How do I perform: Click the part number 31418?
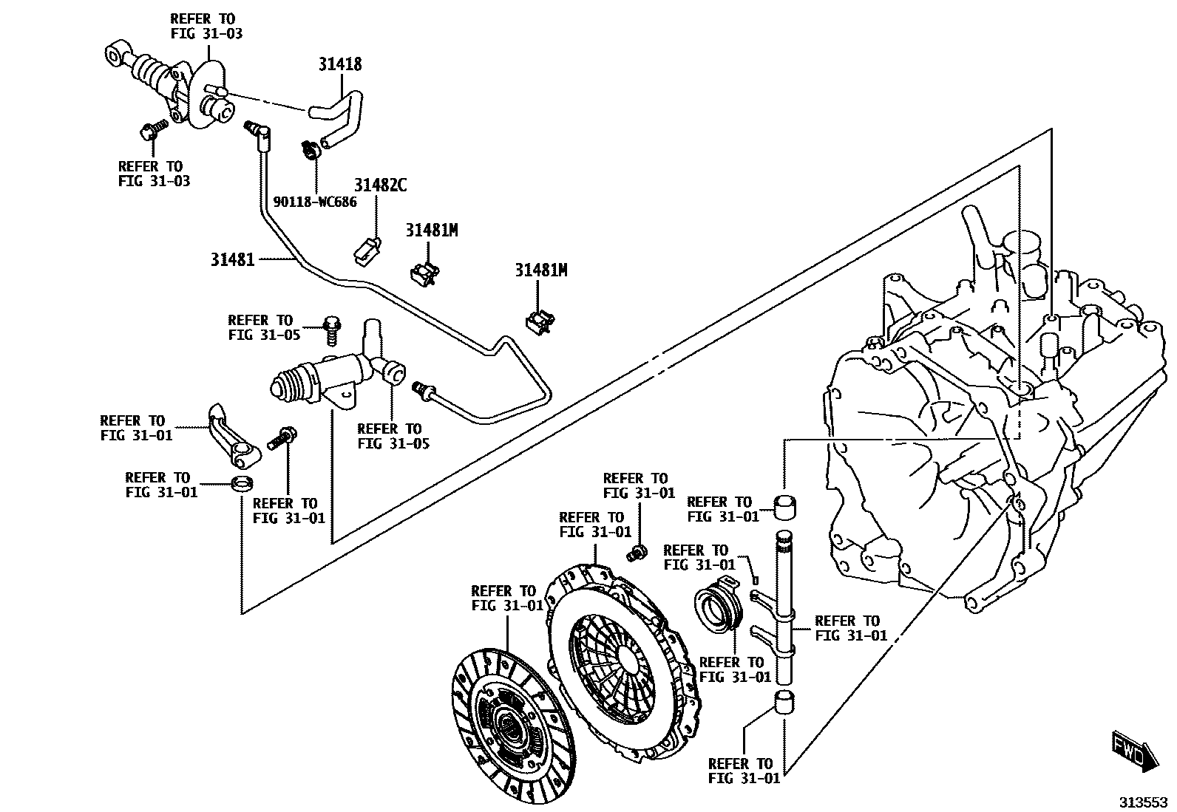tap(340, 64)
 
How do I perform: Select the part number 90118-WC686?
tap(315, 201)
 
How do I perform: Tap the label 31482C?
tap(380, 185)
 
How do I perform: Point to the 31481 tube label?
tap(232, 259)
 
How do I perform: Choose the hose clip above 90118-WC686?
tap(310, 149)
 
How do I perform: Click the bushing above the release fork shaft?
tap(785, 508)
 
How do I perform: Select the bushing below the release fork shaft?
tap(785, 703)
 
